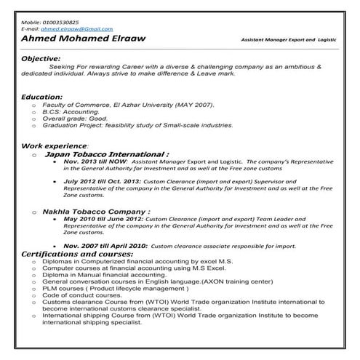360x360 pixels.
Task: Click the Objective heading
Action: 41,57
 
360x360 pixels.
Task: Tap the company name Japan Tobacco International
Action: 106,154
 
